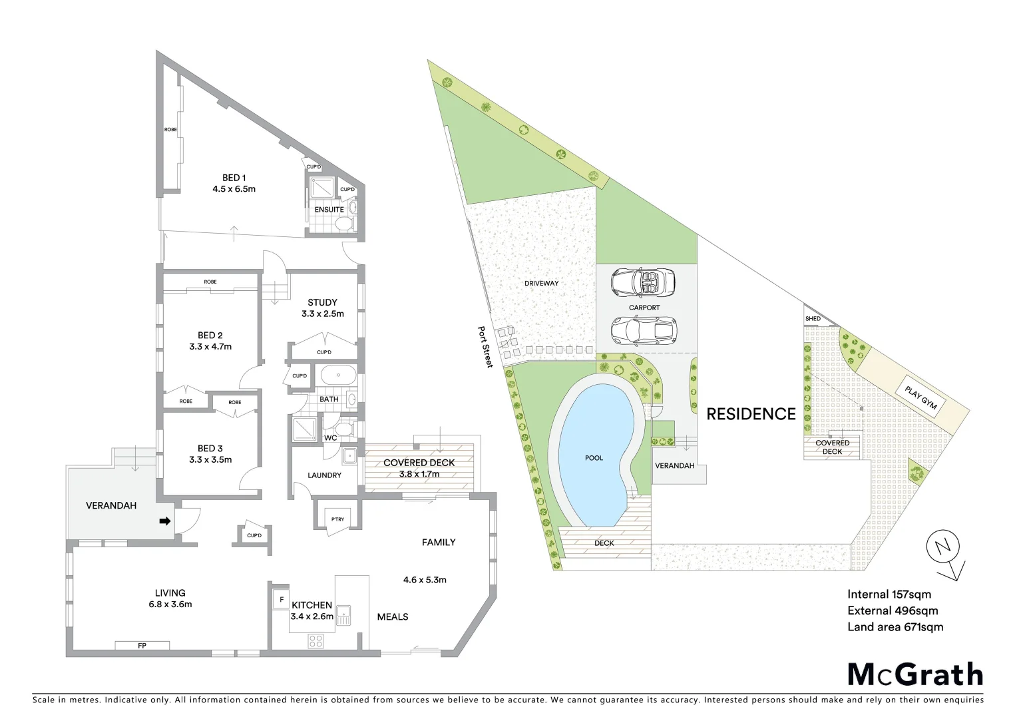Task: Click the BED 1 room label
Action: tap(234, 183)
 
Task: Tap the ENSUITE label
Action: tap(329, 210)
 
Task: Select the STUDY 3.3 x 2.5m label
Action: tap(322, 308)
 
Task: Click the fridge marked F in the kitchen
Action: tap(282, 599)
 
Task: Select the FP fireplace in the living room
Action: tap(142, 645)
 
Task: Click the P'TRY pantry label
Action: tap(333, 519)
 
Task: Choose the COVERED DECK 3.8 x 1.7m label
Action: tap(419, 468)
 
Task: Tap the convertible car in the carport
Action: tap(643, 283)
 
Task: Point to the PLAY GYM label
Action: tap(918, 397)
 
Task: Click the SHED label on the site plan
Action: tap(813, 319)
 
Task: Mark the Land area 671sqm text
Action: tap(895, 626)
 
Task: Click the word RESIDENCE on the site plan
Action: tap(751, 414)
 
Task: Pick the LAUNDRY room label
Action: tap(325, 475)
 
